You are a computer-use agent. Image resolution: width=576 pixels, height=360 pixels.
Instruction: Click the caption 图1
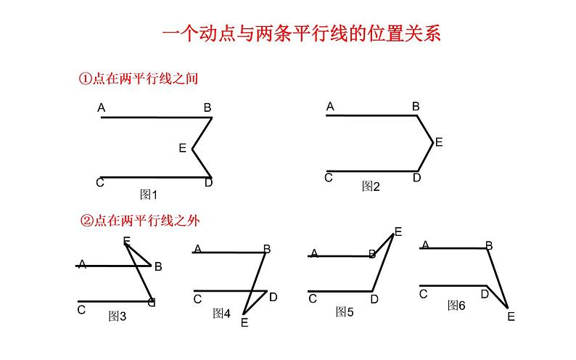coord(148,195)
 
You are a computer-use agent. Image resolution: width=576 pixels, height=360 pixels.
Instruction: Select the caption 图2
coord(371,187)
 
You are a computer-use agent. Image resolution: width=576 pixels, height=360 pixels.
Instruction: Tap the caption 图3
coord(117,316)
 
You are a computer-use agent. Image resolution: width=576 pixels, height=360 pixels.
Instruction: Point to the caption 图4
coord(221,314)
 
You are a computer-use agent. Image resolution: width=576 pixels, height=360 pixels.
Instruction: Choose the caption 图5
coord(345,312)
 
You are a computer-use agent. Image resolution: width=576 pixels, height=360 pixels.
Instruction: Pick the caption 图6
coord(456,306)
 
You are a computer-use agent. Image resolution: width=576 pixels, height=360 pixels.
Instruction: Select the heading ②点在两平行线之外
coord(138,221)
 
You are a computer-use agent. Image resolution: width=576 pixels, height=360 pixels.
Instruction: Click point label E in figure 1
coord(183,148)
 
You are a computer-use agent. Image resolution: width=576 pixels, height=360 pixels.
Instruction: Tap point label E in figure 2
coord(439,142)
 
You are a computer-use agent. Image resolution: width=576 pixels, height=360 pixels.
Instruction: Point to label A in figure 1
coord(102,109)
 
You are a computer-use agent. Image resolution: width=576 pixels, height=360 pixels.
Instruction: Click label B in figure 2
coord(416,107)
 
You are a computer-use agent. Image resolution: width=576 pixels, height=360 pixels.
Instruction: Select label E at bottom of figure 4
coord(244,323)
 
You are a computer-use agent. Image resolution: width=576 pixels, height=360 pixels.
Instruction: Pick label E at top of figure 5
coord(398,232)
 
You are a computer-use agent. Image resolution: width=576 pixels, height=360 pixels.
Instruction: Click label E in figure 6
coord(511,316)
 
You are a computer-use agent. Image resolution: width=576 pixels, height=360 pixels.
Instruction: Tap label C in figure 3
coord(81,310)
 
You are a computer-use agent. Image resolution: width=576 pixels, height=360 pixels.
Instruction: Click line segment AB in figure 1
coord(152,117)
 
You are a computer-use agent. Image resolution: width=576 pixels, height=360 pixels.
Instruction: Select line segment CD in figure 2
coord(370,172)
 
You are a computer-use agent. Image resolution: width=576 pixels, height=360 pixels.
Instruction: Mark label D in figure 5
coord(374,298)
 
